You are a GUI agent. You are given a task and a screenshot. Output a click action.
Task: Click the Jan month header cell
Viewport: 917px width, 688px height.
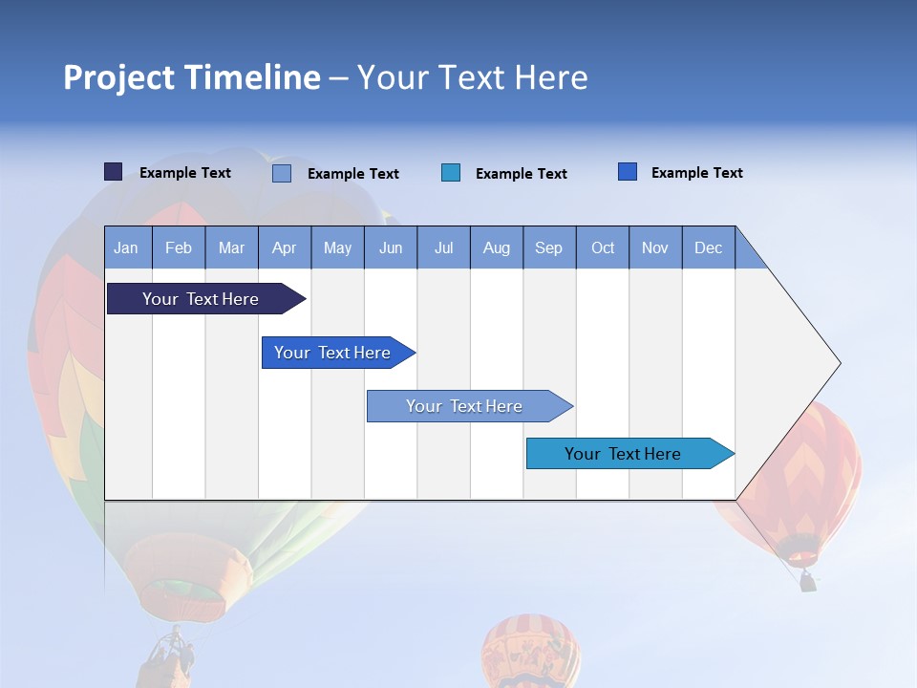[x=127, y=247]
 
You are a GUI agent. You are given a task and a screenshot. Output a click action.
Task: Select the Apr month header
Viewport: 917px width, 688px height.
[x=284, y=247]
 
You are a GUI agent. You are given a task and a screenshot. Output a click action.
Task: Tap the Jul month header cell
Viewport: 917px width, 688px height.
[x=443, y=247]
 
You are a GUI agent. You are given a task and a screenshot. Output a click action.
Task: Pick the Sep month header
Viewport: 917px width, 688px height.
[x=548, y=247]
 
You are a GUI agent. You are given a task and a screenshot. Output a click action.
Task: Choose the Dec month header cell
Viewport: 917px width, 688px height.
[x=708, y=247]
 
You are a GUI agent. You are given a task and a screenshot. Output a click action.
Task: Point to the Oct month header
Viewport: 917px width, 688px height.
[x=602, y=247]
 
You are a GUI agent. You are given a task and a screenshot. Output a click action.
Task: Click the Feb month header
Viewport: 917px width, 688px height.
[x=179, y=247]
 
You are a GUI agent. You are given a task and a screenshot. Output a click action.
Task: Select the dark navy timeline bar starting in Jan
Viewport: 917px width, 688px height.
[x=201, y=299]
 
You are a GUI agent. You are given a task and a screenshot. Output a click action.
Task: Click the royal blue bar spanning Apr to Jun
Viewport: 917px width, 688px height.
[x=332, y=353]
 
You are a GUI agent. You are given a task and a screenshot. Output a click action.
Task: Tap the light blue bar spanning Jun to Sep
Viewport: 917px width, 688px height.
[x=464, y=406]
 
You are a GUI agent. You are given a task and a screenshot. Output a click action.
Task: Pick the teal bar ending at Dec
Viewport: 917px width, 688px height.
[x=623, y=454]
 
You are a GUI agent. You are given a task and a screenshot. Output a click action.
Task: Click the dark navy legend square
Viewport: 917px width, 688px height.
[x=113, y=172]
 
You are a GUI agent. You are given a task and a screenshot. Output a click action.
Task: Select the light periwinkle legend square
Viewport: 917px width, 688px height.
[x=282, y=173]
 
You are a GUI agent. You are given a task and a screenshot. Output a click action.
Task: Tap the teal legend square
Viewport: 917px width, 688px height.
[x=451, y=173]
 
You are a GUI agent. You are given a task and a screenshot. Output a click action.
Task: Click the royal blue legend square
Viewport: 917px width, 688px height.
[x=628, y=172]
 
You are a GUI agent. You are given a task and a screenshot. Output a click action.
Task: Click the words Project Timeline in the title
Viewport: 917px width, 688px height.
[x=191, y=77]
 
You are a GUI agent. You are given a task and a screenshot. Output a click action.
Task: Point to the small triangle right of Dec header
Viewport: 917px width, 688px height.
[x=747, y=254]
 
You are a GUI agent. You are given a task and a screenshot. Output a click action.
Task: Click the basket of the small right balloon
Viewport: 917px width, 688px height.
[x=808, y=580]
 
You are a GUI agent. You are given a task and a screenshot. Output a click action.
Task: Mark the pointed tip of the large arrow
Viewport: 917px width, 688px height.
[x=838, y=363]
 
